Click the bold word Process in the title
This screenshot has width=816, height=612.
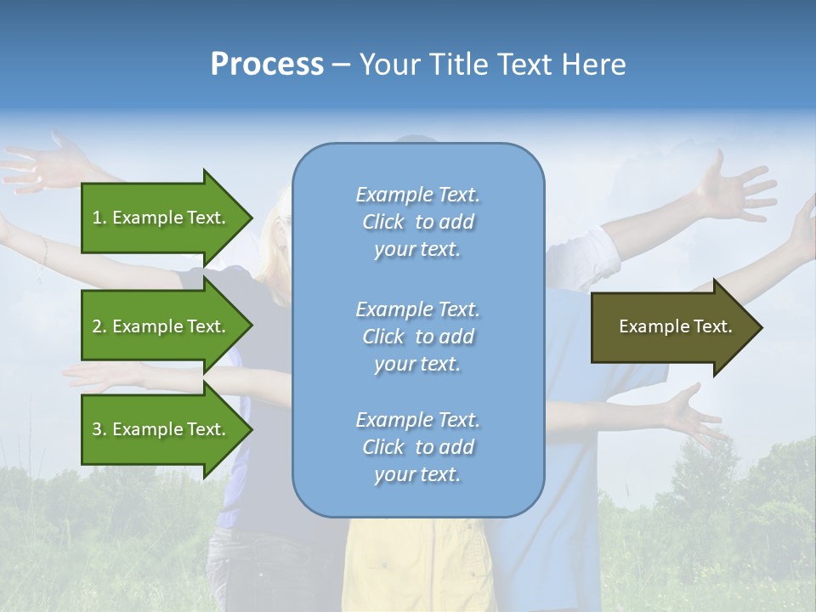267,65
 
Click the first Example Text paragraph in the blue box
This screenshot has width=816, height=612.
417,222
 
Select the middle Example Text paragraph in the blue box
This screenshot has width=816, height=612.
417,337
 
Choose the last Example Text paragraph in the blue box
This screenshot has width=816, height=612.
417,447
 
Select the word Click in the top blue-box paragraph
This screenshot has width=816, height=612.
383,222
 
